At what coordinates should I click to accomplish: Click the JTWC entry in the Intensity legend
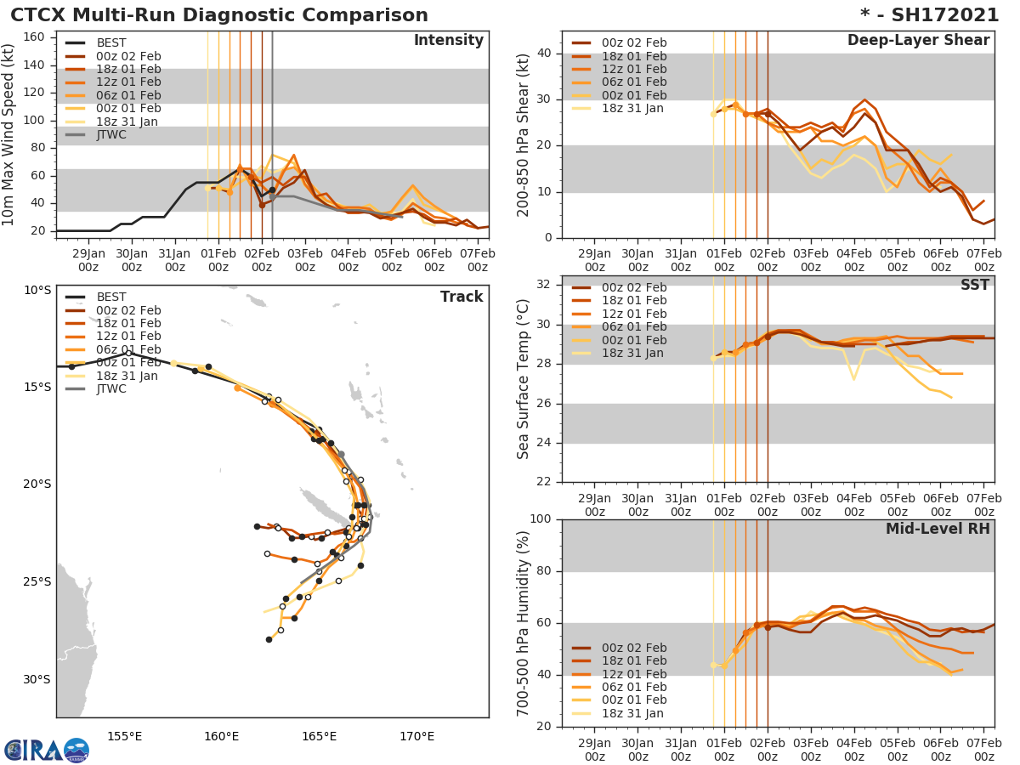coord(111,134)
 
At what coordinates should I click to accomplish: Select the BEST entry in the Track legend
coord(111,297)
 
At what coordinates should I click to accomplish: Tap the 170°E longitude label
coord(416,736)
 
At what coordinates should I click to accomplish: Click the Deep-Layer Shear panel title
coord(918,41)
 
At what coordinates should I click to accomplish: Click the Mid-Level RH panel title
coord(938,529)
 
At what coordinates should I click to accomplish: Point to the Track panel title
coord(462,297)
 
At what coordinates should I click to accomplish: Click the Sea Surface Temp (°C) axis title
coord(524,379)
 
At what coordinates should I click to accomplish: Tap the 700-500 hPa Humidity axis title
coord(524,622)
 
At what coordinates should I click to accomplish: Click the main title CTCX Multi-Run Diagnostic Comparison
coord(219,15)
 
